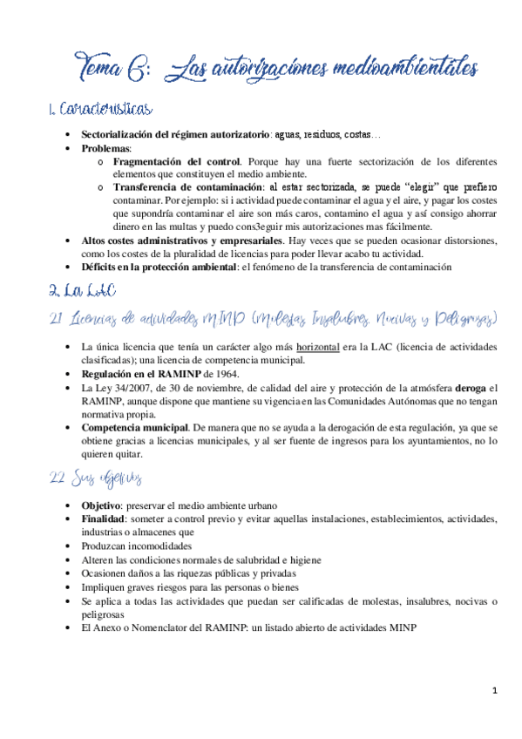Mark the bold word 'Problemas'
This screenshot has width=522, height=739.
[x=107, y=149]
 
